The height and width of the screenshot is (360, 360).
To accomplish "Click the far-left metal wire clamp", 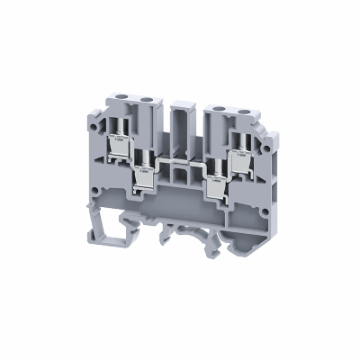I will tap(117, 144).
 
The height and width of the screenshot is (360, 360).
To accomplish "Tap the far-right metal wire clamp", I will tap(238, 144).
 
